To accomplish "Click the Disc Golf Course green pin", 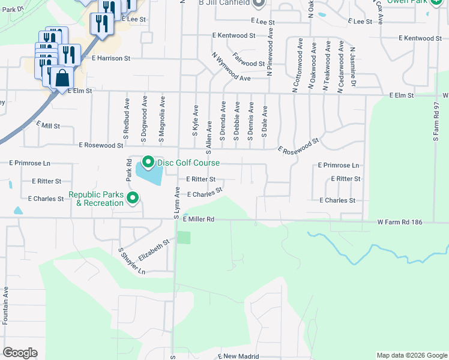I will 148,163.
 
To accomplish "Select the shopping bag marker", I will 62,78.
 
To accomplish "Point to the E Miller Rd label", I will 198,220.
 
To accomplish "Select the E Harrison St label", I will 111,59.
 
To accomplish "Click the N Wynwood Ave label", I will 231,67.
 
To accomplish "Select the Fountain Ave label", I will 5,305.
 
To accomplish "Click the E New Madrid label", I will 238,356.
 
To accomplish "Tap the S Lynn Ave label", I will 177,202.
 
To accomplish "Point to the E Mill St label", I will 48,125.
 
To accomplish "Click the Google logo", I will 20,353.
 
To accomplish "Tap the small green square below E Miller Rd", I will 184,237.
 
